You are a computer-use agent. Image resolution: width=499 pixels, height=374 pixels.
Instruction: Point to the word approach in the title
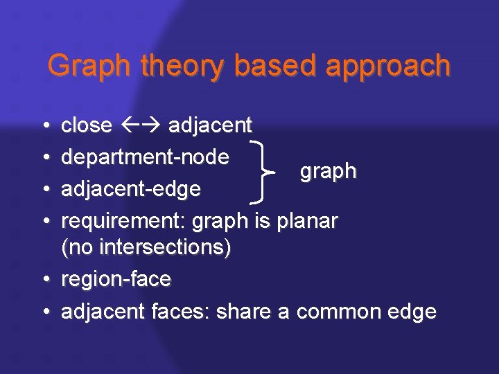[389, 67]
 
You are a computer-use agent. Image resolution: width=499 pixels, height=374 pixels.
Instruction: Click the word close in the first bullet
[87, 125]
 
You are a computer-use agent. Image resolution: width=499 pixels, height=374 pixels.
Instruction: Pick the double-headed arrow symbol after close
[141, 125]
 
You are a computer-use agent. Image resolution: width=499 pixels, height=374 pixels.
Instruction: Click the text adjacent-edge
[132, 189]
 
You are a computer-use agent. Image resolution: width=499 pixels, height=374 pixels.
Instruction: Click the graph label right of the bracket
[328, 172]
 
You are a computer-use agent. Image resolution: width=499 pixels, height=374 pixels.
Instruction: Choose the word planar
[307, 221]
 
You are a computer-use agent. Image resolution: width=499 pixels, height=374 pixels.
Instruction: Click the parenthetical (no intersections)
[146, 247]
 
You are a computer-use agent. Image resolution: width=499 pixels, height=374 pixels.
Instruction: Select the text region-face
[116, 280]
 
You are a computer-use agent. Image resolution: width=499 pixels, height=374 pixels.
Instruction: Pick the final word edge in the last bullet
[412, 312]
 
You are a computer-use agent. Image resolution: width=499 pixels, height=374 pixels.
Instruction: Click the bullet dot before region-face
[45, 280]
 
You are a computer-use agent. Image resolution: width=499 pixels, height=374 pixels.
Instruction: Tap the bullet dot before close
[45, 126]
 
